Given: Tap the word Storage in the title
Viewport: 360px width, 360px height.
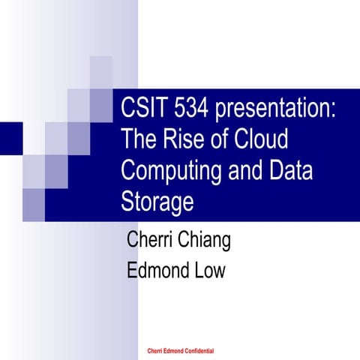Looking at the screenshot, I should coord(157,202).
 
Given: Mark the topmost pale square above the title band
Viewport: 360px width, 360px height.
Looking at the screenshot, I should coord(100,67).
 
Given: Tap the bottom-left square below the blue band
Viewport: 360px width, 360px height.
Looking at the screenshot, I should coord(34,202).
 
